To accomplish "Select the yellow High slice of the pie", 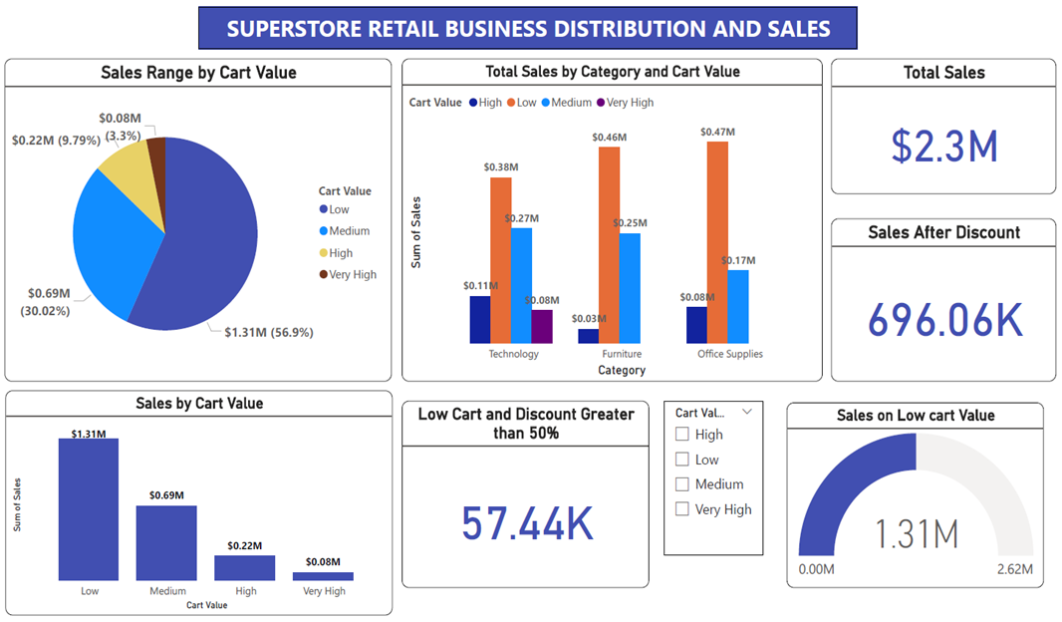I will point(128,167).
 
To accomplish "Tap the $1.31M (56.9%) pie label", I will point(268,332).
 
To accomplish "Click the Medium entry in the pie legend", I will point(349,231).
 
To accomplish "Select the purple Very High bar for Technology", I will point(541,326).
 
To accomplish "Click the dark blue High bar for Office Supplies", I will point(696,325).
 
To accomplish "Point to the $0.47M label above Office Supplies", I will point(717,132).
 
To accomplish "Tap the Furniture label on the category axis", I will point(622,354).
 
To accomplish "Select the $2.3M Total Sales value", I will point(943,146).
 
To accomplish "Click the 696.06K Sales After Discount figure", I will point(944,321).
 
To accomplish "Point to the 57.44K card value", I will point(527,523).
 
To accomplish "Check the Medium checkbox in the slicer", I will point(682,484).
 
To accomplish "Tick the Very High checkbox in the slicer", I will point(682,509).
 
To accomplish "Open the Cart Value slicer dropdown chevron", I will point(746,411).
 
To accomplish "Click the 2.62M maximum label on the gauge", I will point(1015,569).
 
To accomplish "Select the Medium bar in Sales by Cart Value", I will point(166,542).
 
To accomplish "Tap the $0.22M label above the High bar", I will point(244,545).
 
